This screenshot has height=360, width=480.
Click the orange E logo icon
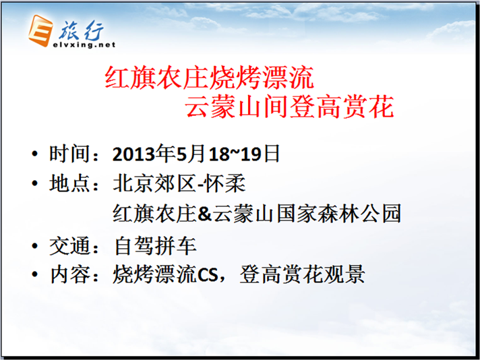40,30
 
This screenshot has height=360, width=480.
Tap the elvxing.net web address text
84,44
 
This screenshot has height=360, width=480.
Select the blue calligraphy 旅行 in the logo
81,30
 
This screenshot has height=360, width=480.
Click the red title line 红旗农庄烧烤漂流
210,78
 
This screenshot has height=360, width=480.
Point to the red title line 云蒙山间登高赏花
289,107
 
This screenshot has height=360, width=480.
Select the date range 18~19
235,154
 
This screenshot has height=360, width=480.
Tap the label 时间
70,154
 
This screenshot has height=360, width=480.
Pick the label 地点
70,183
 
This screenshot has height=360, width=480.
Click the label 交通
70,246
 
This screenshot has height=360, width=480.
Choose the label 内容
70,274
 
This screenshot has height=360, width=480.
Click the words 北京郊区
154,183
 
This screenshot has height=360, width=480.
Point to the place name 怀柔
226,183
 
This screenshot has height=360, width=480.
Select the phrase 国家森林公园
338,213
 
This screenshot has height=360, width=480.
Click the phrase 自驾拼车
155,246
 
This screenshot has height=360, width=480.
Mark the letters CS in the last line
207,275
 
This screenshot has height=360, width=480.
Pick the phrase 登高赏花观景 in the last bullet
302,274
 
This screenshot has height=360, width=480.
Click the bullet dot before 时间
35,154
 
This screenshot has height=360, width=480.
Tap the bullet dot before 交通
35,246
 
